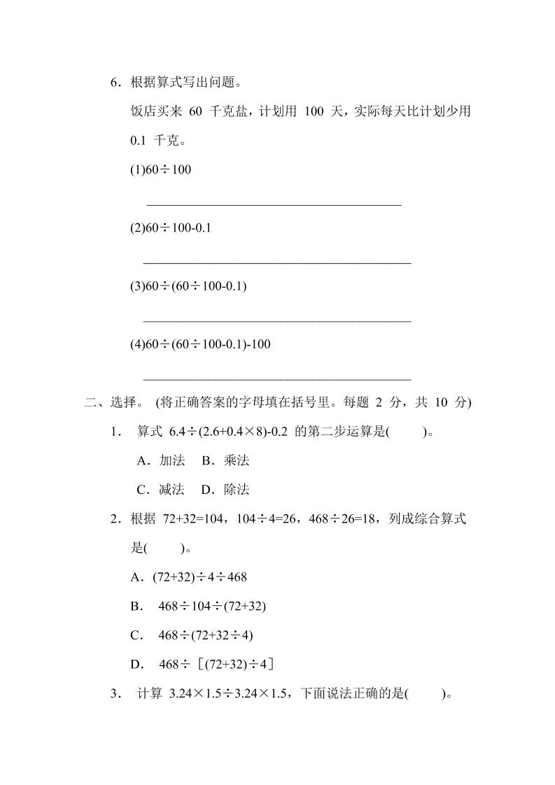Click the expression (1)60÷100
pos(161,170)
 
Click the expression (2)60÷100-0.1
pos(171,228)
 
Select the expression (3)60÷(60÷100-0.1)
pos(188,286)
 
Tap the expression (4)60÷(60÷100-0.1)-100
pos(201,344)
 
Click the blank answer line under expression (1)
pos(274,204)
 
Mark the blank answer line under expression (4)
pos(276,379)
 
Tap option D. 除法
pos(225,490)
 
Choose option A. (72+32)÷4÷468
pos(189,577)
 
